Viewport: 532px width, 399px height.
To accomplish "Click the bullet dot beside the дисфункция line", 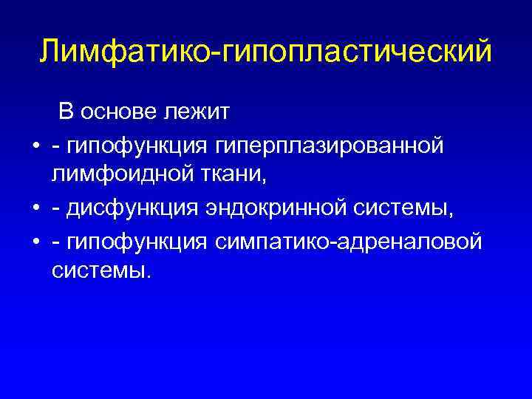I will click(x=35, y=210).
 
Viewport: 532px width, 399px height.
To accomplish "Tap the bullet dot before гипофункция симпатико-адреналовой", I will click(x=35, y=242).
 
